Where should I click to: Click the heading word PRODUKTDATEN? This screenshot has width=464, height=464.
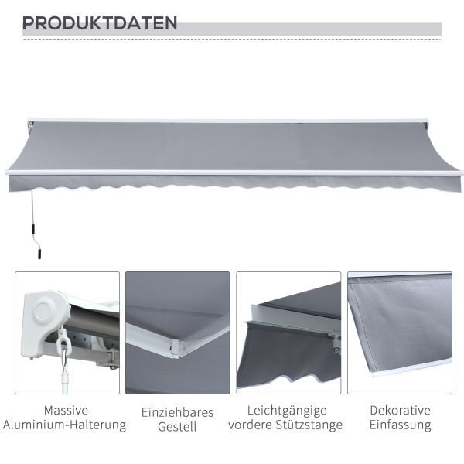[x=100, y=22]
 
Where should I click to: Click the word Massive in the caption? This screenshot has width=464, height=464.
[x=66, y=411]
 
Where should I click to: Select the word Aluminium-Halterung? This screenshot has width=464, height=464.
[x=64, y=425]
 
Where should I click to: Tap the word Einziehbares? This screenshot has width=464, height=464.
[x=177, y=412]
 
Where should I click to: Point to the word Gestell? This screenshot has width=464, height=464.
[x=177, y=427]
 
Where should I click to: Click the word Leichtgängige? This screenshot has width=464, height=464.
[x=287, y=411]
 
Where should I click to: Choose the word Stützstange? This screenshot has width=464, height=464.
[x=309, y=425]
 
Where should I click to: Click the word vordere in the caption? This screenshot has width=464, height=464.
[x=251, y=425]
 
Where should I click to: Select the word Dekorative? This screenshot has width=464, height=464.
[x=400, y=411]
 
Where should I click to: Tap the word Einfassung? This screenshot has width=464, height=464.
[x=400, y=425]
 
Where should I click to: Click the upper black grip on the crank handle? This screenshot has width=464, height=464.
[x=33, y=229]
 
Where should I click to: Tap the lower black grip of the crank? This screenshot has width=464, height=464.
[x=39, y=254]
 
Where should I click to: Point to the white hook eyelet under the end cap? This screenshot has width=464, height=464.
[x=63, y=345]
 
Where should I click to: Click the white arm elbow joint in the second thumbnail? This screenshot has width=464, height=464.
[x=175, y=350]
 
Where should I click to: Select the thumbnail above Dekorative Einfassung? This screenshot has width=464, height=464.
[x=400, y=333]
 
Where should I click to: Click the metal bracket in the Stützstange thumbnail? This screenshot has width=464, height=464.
[x=334, y=341]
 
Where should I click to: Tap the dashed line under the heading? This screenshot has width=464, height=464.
[x=232, y=39]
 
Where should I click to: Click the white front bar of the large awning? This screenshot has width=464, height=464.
[x=234, y=172]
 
